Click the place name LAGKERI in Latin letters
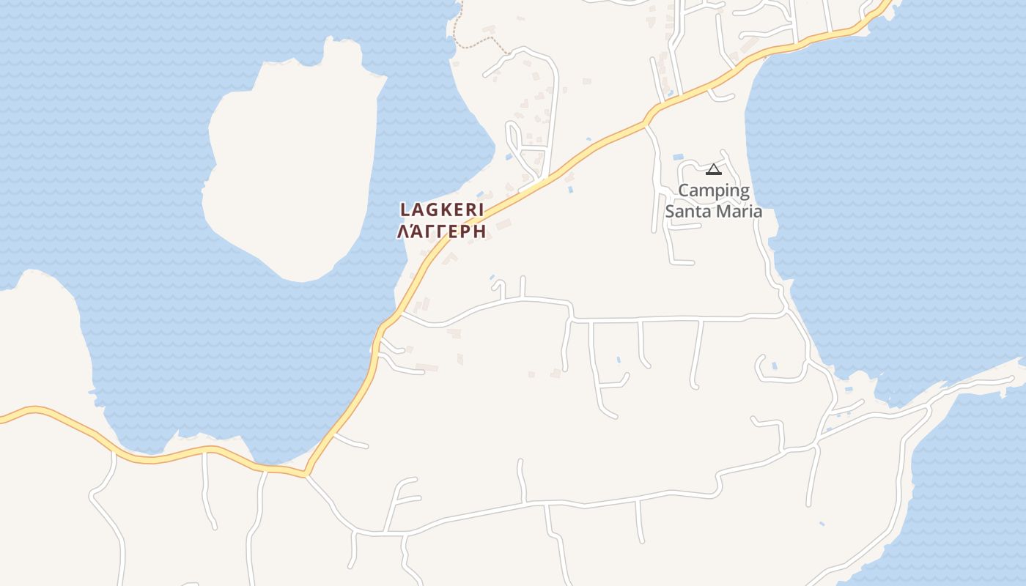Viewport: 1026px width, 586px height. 442,210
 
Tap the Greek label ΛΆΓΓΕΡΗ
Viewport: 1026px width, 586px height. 442,232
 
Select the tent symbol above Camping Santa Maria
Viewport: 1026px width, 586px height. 713,170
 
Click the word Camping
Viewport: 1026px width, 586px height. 714,192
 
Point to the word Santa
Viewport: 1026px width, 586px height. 687,212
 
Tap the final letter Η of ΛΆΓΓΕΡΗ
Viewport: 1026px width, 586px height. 480,232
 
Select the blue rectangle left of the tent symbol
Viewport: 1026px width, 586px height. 678,157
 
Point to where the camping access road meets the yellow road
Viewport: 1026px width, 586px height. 646,123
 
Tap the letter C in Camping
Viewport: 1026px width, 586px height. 684,190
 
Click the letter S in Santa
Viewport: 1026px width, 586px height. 670,212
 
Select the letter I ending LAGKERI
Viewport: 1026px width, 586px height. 481,210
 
